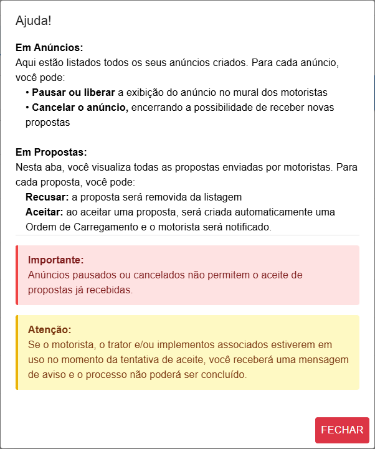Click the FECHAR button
click(x=342, y=430)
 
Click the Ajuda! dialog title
click(x=34, y=21)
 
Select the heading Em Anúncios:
click(x=49, y=48)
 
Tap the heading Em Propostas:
click(x=51, y=153)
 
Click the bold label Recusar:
click(x=47, y=197)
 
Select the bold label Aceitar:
click(x=44, y=212)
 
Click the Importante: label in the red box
click(x=55, y=260)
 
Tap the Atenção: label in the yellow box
click(x=50, y=329)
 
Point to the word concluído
click(x=224, y=374)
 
